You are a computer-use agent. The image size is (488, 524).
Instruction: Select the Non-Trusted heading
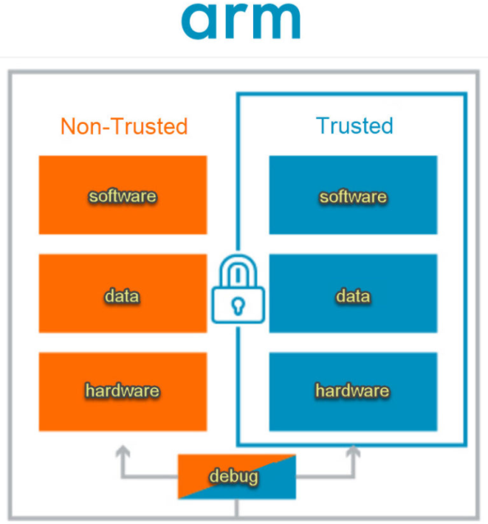point(123,126)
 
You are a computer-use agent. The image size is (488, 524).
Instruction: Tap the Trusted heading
point(354,125)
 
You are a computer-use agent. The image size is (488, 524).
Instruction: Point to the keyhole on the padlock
point(238,305)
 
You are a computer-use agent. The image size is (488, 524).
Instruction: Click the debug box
point(236,477)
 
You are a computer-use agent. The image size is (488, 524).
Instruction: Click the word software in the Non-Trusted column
point(123,196)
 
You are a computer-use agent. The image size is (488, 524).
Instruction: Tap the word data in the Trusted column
point(353,297)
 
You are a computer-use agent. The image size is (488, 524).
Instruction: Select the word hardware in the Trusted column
point(353,390)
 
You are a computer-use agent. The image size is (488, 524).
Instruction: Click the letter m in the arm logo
point(273,23)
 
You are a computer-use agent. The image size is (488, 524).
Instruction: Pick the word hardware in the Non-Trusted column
point(123,390)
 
